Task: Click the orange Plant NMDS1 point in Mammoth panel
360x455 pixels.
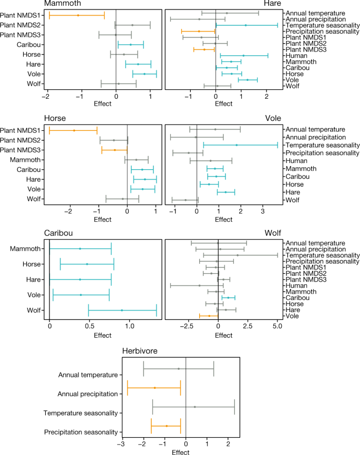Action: click(78, 15)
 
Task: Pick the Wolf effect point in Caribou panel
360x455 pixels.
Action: click(122, 310)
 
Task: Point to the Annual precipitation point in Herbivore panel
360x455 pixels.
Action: click(155, 388)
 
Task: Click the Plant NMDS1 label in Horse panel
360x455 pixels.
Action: click(23, 130)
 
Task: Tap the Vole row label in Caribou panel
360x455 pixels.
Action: click(32, 295)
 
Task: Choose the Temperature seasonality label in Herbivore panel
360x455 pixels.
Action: click(80, 413)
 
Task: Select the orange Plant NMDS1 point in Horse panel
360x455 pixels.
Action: click(74, 130)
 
